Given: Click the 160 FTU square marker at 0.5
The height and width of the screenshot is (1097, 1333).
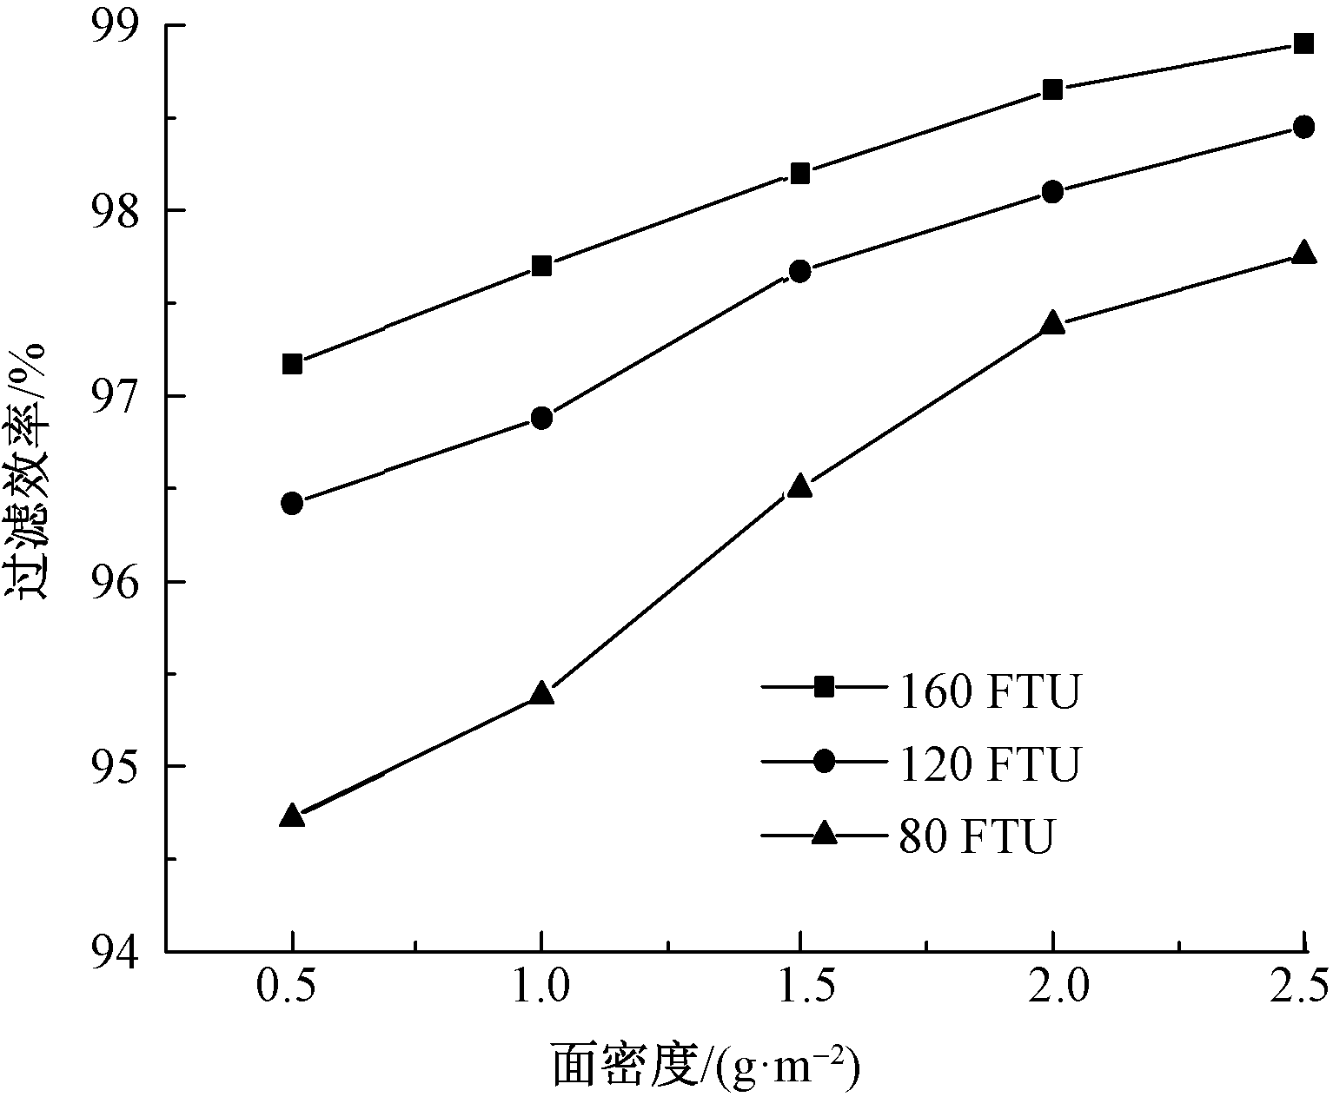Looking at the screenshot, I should [293, 363].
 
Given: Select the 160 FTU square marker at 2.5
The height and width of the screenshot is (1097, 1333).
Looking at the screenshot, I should [1303, 43].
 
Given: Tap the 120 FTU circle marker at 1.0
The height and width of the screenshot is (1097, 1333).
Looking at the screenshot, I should [541, 418].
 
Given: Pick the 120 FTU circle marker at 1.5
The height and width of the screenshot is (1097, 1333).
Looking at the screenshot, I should [800, 271].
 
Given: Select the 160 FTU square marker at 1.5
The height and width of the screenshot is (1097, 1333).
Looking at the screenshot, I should [800, 174].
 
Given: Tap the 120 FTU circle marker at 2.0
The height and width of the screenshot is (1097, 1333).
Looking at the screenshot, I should [1052, 191].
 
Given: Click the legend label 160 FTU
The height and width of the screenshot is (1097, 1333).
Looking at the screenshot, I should [989, 692].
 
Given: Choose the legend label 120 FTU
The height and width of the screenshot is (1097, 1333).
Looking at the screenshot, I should [989, 763].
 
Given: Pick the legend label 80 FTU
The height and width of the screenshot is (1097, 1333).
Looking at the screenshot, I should [976, 836].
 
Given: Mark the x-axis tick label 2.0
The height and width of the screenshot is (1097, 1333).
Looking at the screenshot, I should [1052, 986].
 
